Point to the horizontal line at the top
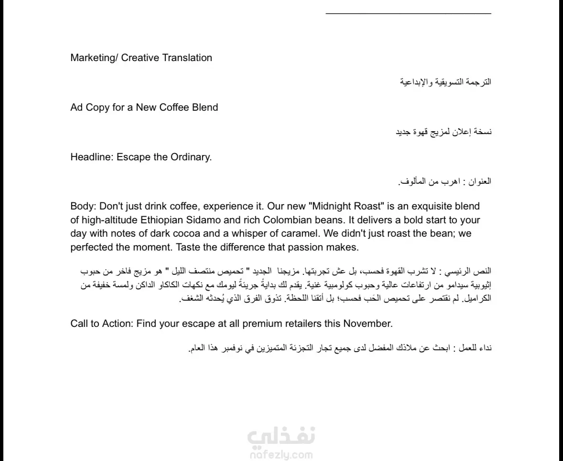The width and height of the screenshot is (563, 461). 408,13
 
